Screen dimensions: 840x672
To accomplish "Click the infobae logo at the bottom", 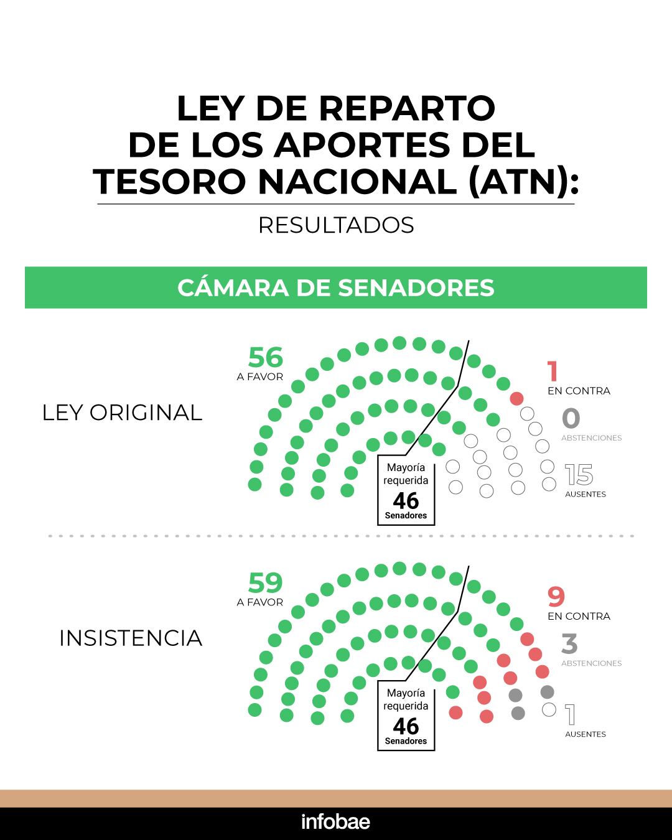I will (x=335, y=822).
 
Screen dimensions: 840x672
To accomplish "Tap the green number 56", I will (x=266, y=357).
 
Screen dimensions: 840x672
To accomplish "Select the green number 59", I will (x=266, y=582).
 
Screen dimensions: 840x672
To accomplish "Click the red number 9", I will (x=556, y=597).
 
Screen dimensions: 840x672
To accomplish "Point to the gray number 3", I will (x=569, y=644).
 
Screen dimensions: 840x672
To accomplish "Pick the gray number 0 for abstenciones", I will (x=571, y=419).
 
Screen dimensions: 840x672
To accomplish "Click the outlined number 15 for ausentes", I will (x=579, y=475).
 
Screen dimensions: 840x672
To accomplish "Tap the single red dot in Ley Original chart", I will (x=516, y=398).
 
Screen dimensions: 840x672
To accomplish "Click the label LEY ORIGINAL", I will (x=122, y=413).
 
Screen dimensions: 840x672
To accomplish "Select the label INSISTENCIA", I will (x=131, y=638).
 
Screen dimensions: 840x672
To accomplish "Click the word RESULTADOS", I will (x=336, y=225).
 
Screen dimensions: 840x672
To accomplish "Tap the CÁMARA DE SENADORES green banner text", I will (x=336, y=287).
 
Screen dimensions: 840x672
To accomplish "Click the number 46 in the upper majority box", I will (x=406, y=500).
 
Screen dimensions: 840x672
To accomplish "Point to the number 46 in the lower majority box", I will (x=406, y=726).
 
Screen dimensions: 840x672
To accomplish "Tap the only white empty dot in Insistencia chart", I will (x=548, y=709).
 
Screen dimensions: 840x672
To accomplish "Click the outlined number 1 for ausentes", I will (x=570, y=715).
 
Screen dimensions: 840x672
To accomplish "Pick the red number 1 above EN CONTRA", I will (x=553, y=372).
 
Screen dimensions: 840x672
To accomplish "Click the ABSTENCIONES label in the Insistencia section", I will (x=591, y=663).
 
